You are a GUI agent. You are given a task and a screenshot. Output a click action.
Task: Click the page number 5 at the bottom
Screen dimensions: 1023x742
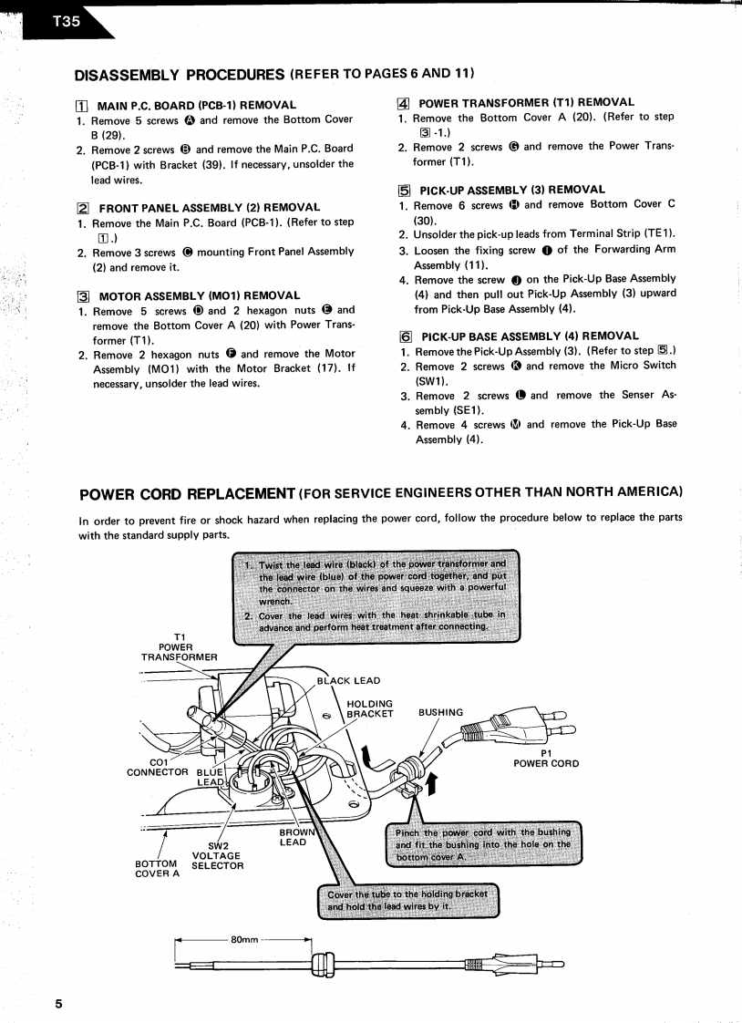click(58, 1004)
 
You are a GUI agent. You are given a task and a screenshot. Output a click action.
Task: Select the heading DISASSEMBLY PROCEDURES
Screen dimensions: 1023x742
click(180, 73)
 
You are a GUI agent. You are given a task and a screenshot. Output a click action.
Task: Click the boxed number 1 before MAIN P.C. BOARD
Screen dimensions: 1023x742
click(81, 105)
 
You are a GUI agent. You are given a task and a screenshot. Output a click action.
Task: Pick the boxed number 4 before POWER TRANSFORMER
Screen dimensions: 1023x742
click(404, 102)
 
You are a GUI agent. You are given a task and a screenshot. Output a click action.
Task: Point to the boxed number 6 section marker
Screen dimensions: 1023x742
click(404, 336)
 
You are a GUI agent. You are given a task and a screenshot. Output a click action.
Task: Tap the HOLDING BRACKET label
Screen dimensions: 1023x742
click(369, 708)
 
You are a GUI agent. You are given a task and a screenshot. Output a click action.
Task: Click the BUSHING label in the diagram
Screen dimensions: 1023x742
click(440, 712)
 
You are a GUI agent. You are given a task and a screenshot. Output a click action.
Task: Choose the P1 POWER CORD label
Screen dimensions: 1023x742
click(545, 758)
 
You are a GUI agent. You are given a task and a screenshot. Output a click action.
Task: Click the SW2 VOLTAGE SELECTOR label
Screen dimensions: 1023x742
click(216, 855)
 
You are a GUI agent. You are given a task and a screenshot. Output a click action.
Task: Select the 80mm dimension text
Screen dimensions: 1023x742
click(244, 939)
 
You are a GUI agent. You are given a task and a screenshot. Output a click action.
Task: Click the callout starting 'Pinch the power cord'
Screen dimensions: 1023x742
click(483, 844)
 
